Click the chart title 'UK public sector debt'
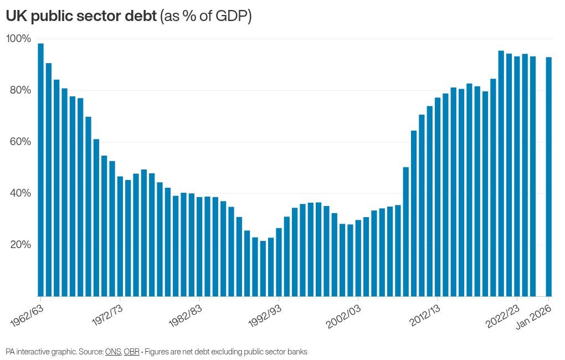coord(81,17)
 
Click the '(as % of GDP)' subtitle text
coord(206,17)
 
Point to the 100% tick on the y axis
coord(19,39)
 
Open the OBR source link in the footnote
coord(131,352)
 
